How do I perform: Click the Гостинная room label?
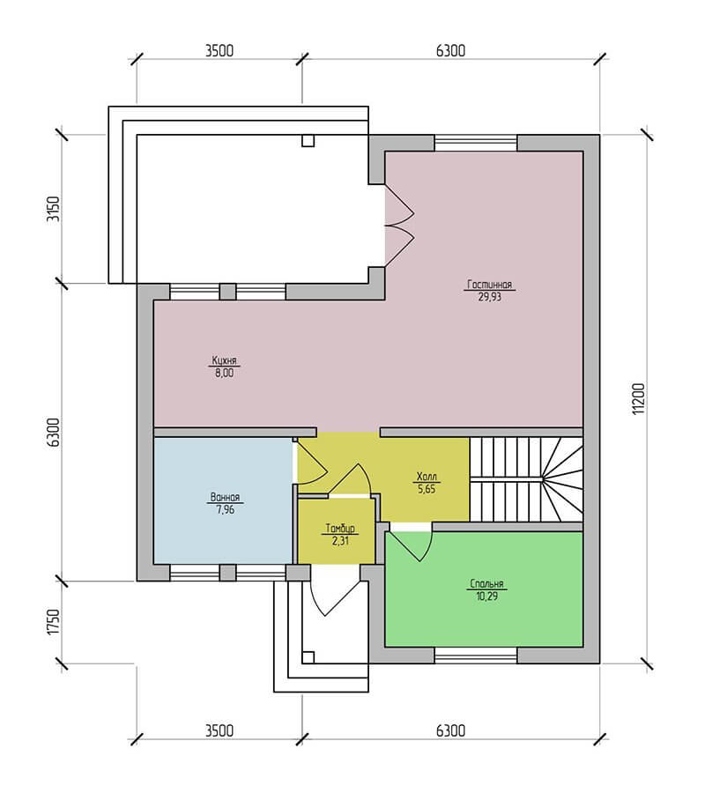point(489,285)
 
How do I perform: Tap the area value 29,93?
point(489,297)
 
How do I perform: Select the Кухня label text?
point(224,360)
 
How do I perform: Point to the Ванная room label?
point(225,497)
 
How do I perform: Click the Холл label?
point(427,477)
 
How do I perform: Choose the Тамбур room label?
point(340,529)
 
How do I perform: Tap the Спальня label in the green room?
point(486,583)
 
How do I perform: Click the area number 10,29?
point(486,597)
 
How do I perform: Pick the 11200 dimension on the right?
point(639,399)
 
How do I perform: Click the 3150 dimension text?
point(53,208)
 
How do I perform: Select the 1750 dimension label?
point(53,622)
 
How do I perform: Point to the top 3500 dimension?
point(219,50)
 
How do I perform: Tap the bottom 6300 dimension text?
point(450,730)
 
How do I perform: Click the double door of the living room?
point(399,226)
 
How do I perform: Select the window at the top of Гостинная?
point(476,143)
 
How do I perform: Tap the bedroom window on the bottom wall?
point(476,656)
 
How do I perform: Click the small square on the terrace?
point(308,141)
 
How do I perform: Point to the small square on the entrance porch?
point(308,657)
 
